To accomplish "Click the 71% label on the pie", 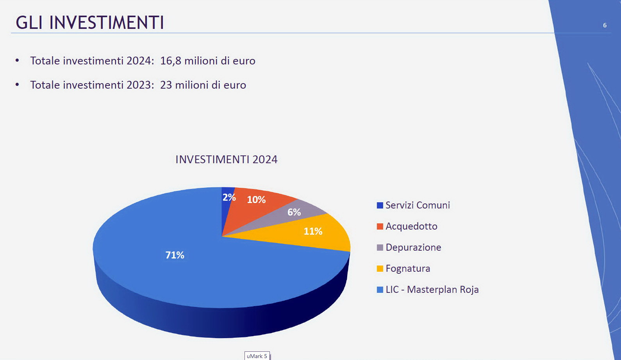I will pyautogui.click(x=175, y=255).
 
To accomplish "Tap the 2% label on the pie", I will pyautogui.click(x=229, y=198).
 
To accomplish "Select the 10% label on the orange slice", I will pyautogui.click(x=256, y=200).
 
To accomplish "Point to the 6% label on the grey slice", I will pyautogui.click(x=294, y=212).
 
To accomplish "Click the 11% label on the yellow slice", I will pyautogui.click(x=313, y=231).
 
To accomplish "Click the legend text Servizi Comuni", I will pyautogui.click(x=418, y=205).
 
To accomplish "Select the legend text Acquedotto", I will pyautogui.click(x=411, y=226).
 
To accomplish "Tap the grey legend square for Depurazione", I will pyautogui.click(x=380, y=248).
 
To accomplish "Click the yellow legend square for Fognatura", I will pyautogui.click(x=380, y=269).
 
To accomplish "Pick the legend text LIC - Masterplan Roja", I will pyautogui.click(x=432, y=289).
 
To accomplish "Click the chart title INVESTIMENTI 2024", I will pyautogui.click(x=227, y=159).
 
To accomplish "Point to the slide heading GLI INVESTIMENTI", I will pyautogui.click(x=89, y=22).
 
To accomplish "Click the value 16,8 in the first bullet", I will pyautogui.click(x=170, y=61).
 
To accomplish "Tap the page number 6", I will pyautogui.click(x=605, y=25).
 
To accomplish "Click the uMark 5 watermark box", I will pyautogui.click(x=257, y=356).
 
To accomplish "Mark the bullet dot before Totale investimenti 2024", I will pyautogui.click(x=17, y=61).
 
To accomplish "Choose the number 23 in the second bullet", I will pyautogui.click(x=166, y=85).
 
